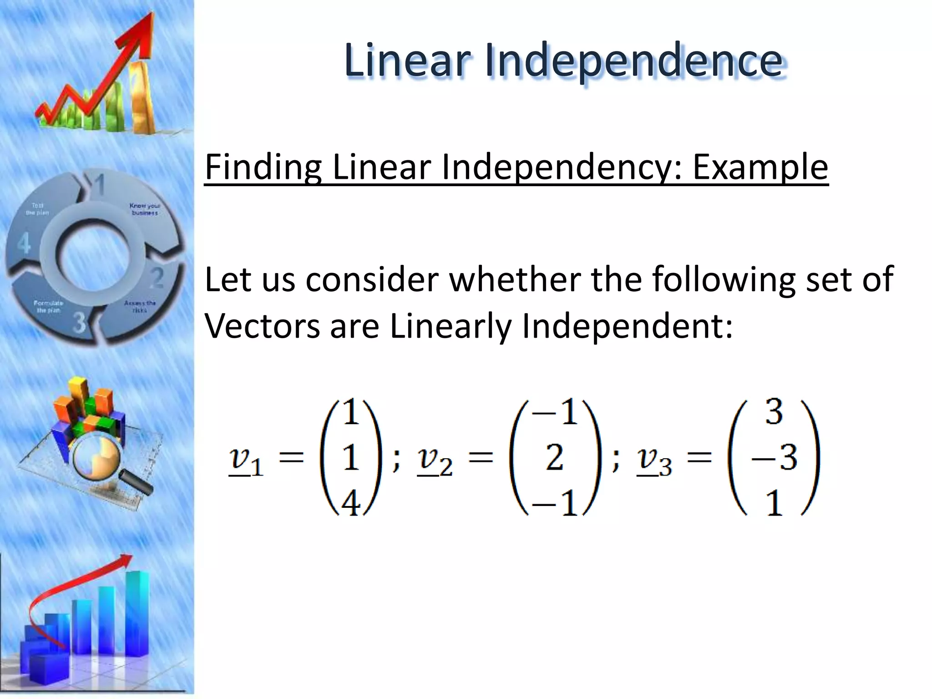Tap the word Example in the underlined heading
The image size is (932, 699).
click(x=760, y=167)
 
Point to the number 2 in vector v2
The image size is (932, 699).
click(x=554, y=457)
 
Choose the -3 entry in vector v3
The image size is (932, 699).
click(x=774, y=457)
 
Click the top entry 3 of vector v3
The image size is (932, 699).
click(x=774, y=412)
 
